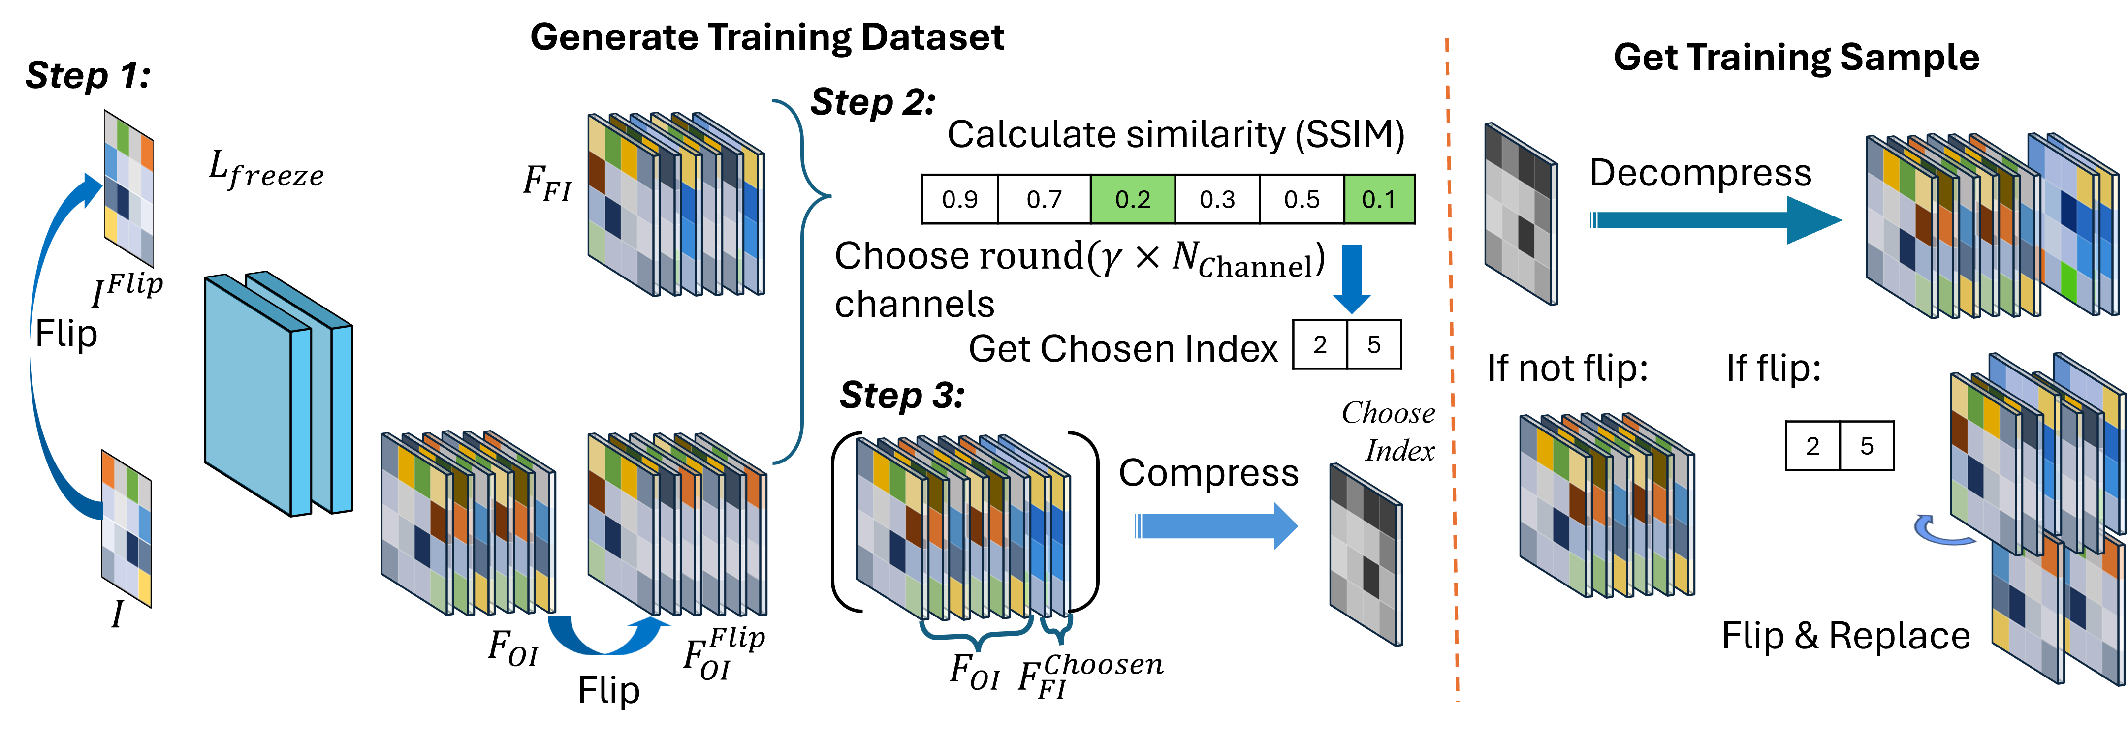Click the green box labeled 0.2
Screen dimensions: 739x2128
click(1133, 199)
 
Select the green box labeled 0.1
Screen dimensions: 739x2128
click(1379, 199)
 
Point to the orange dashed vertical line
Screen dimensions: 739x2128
click(1452, 371)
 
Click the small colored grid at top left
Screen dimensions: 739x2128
click(129, 189)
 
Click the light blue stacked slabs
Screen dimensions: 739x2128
click(277, 395)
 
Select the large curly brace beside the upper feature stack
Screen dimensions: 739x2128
click(805, 281)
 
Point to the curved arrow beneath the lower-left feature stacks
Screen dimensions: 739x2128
click(607, 640)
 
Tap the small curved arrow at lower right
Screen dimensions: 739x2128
click(1941, 532)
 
